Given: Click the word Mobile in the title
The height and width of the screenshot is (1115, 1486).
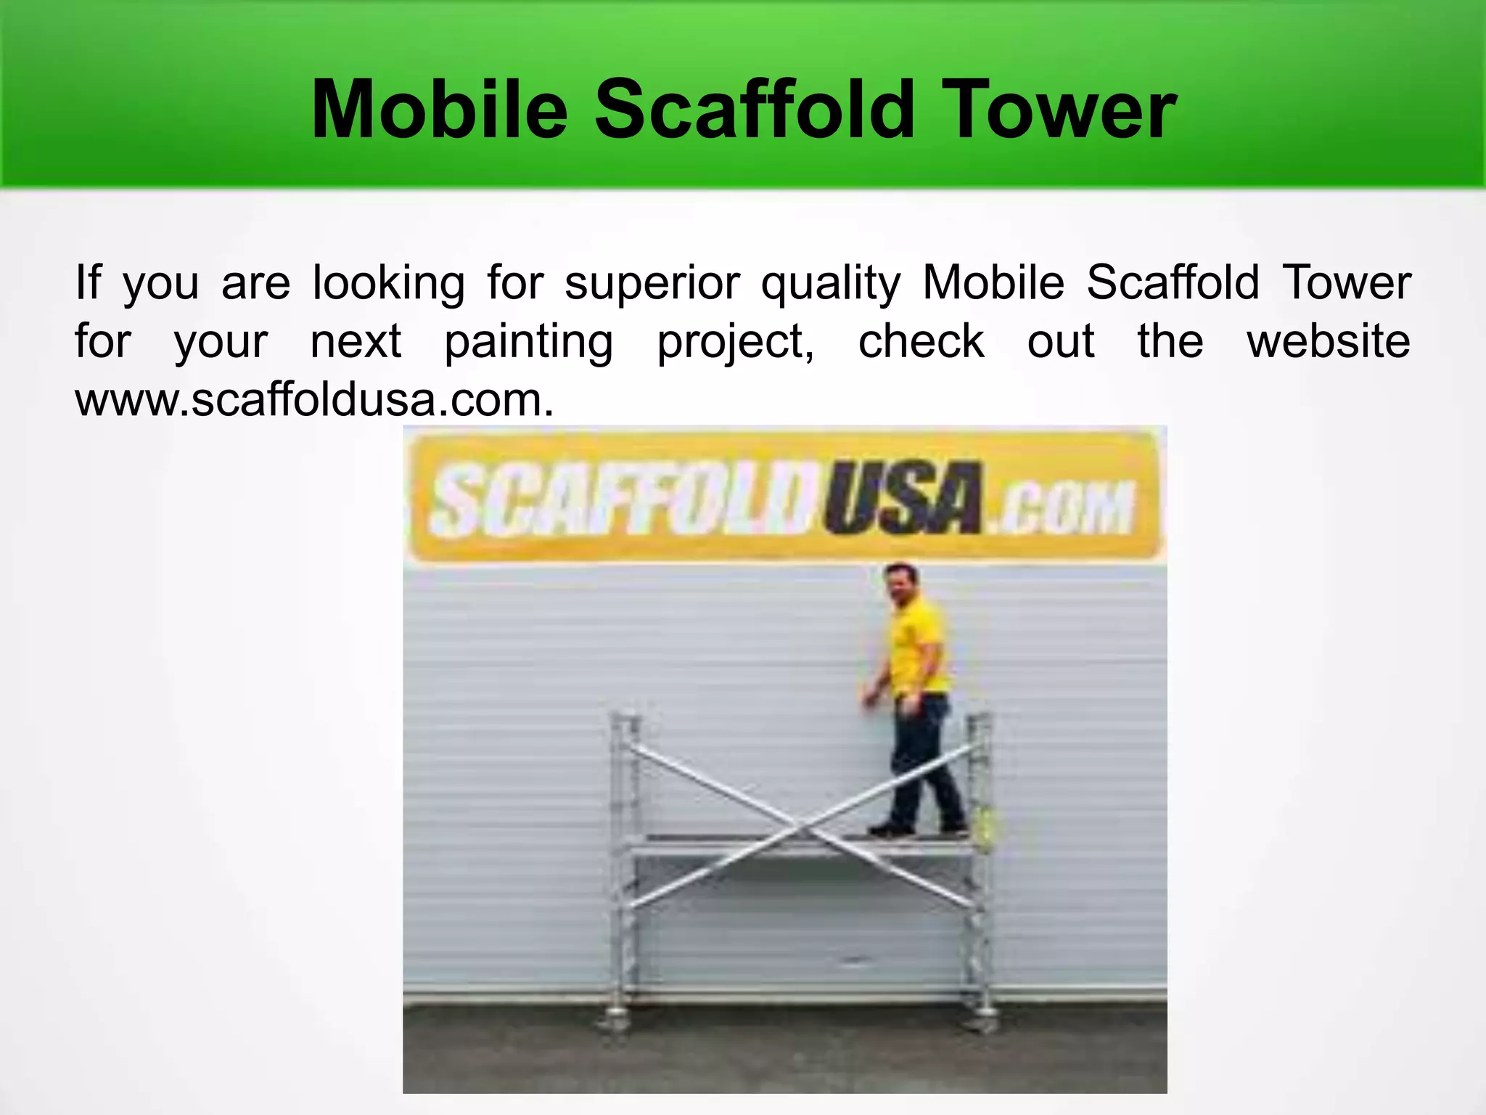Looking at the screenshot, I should tap(438, 110).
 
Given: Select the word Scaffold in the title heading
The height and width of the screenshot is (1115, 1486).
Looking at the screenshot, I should tap(751, 110).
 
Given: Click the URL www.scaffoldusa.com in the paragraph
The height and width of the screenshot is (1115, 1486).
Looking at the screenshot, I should tap(314, 400).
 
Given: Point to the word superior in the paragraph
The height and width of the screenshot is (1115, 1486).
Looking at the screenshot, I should tap(652, 283).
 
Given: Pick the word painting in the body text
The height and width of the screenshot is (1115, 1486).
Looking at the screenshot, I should tap(528, 342).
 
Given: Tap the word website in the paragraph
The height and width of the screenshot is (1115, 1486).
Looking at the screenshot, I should tap(1328, 341).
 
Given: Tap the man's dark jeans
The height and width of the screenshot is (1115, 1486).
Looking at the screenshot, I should tap(921, 762).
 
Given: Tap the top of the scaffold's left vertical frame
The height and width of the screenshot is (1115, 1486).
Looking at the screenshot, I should tap(625, 722).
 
